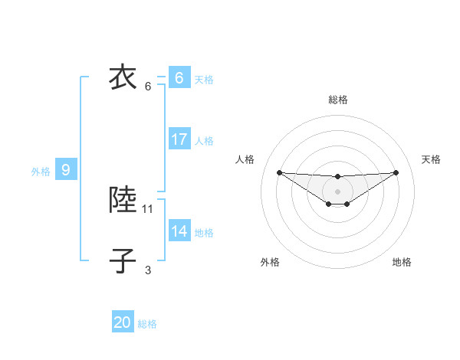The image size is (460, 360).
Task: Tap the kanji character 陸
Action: click(123, 200)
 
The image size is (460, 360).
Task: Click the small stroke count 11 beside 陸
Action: click(148, 208)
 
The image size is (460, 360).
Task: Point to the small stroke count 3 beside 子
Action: click(148, 270)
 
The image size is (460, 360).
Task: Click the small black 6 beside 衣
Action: click(148, 86)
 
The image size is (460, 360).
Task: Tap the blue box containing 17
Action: click(179, 139)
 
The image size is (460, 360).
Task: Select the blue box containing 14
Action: click(179, 231)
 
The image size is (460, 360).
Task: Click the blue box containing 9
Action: click(66, 170)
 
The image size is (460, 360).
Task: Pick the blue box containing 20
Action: click(123, 322)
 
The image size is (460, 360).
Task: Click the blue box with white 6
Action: click(179, 78)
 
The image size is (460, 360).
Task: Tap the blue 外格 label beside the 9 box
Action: click(41, 172)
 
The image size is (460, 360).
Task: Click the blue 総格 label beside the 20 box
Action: click(147, 324)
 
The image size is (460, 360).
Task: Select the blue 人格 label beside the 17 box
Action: click(204, 141)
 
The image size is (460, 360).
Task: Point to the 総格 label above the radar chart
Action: click(338, 100)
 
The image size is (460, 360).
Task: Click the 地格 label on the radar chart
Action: click(402, 262)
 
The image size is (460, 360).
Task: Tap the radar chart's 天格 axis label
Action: click(431, 159)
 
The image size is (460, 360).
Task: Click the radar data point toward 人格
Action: click(279, 172)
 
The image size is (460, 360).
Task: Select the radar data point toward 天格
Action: click(396, 172)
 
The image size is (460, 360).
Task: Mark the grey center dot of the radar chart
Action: click(337, 191)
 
